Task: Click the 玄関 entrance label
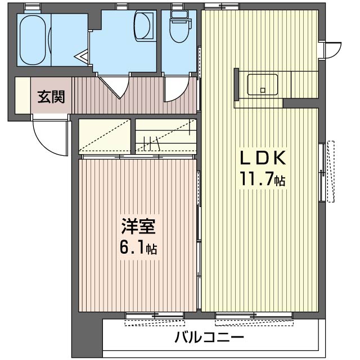[x=51, y=97]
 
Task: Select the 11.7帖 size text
[x=263, y=180]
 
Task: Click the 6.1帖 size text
[x=138, y=248]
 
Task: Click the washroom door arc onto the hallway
[x=115, y=87]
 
